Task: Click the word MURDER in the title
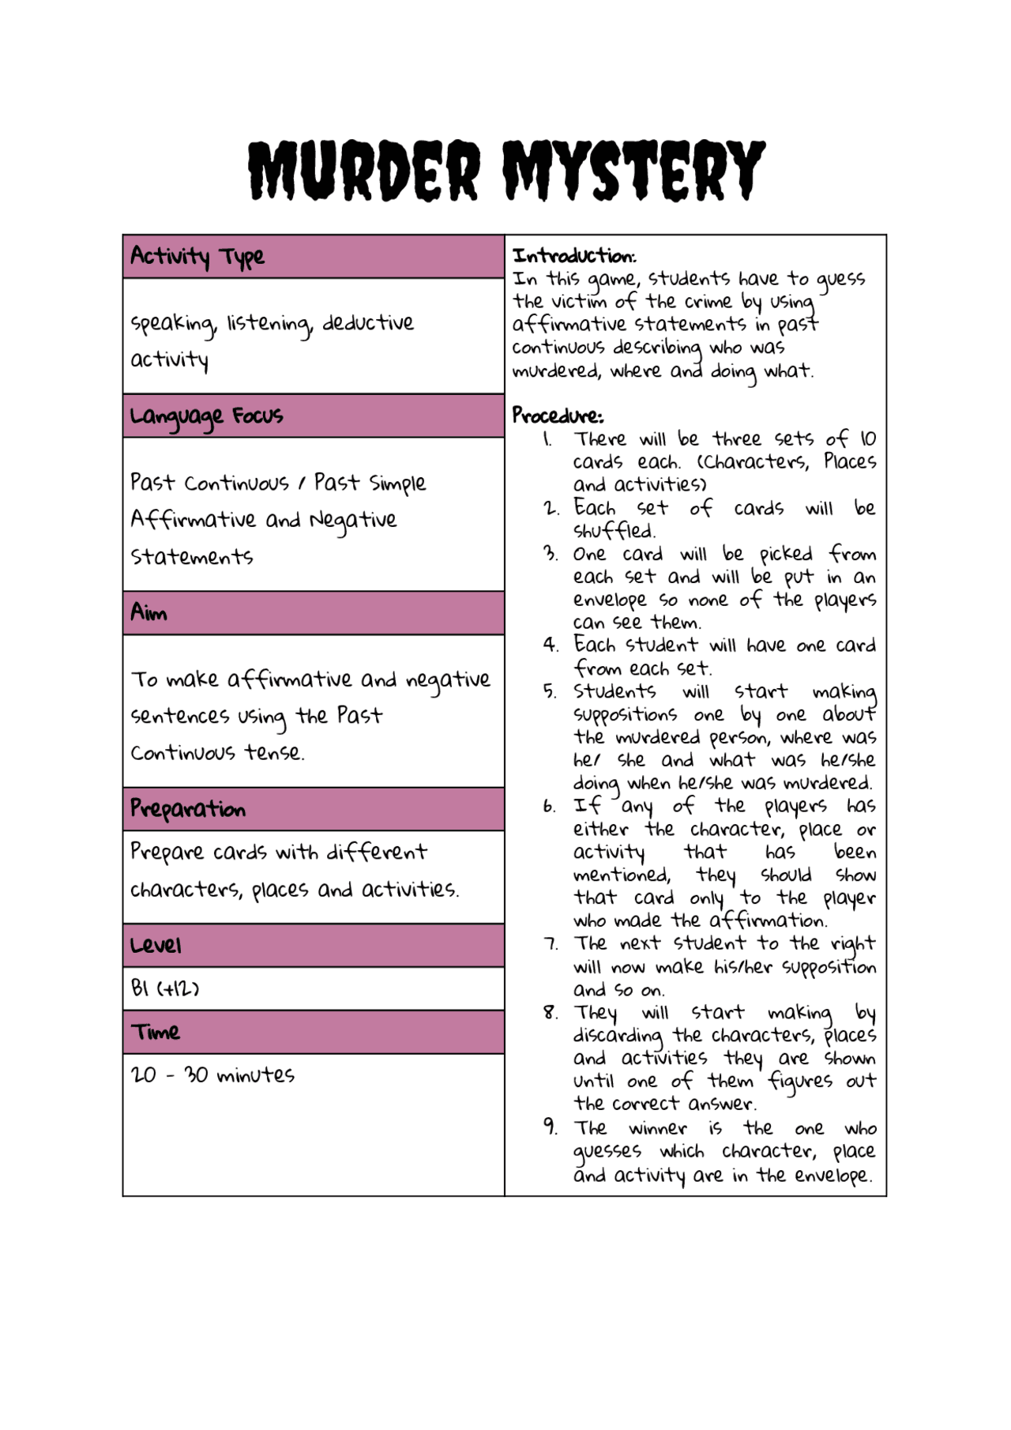365,171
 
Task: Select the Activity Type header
197,257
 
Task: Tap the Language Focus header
207,416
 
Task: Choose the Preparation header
188,809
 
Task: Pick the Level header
156,946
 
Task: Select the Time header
156,1033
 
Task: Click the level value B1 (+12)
165,988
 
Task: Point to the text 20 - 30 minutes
212,1075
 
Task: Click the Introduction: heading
574,256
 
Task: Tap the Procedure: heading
558,416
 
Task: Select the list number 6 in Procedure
550,807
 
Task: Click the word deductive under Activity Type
368,323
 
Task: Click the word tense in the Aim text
273,753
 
